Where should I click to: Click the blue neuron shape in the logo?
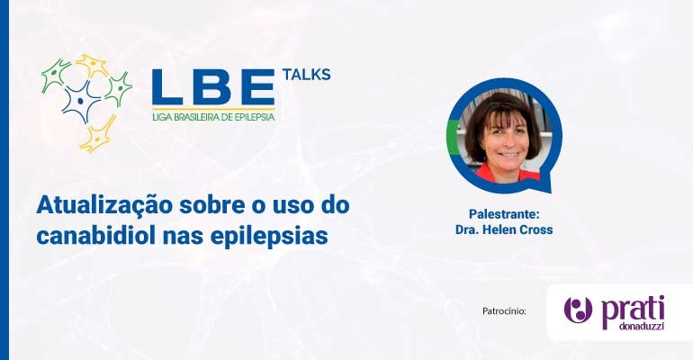coord(80,101)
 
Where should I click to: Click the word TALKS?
coord(306,75)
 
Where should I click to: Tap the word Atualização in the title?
coord(104,206)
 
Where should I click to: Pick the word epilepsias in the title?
coord(269,238)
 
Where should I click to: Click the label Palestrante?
coord(504,214)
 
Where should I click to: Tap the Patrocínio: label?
coord(504,311)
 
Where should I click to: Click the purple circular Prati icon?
coord(578,310)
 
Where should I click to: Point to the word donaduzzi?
coord(641,327)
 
